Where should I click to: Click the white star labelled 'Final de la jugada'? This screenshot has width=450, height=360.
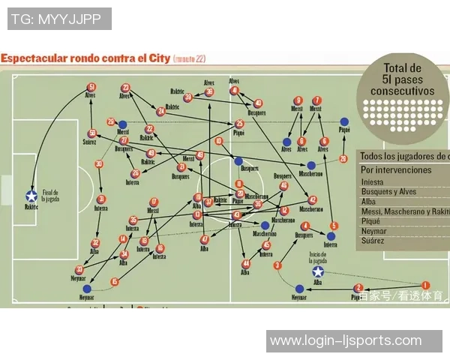(31, 196)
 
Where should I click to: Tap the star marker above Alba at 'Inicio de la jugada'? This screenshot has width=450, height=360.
(318, 271)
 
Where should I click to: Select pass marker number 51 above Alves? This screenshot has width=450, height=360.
(91, 87)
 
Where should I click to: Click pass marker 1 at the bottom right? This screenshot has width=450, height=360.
(426, 284)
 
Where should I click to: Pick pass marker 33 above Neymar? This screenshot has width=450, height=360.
(79, 269)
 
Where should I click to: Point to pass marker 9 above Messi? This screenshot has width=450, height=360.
(298, 100)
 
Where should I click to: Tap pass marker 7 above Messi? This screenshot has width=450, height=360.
(317, 100)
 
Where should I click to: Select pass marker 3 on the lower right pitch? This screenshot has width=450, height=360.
(277, 265)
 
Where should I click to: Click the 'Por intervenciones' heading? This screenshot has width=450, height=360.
(396, 169)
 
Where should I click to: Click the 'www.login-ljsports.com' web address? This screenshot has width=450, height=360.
(346, 340)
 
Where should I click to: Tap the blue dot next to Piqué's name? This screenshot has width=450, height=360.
(344, 121)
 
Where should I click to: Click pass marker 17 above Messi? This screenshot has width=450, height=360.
(154, 202)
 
